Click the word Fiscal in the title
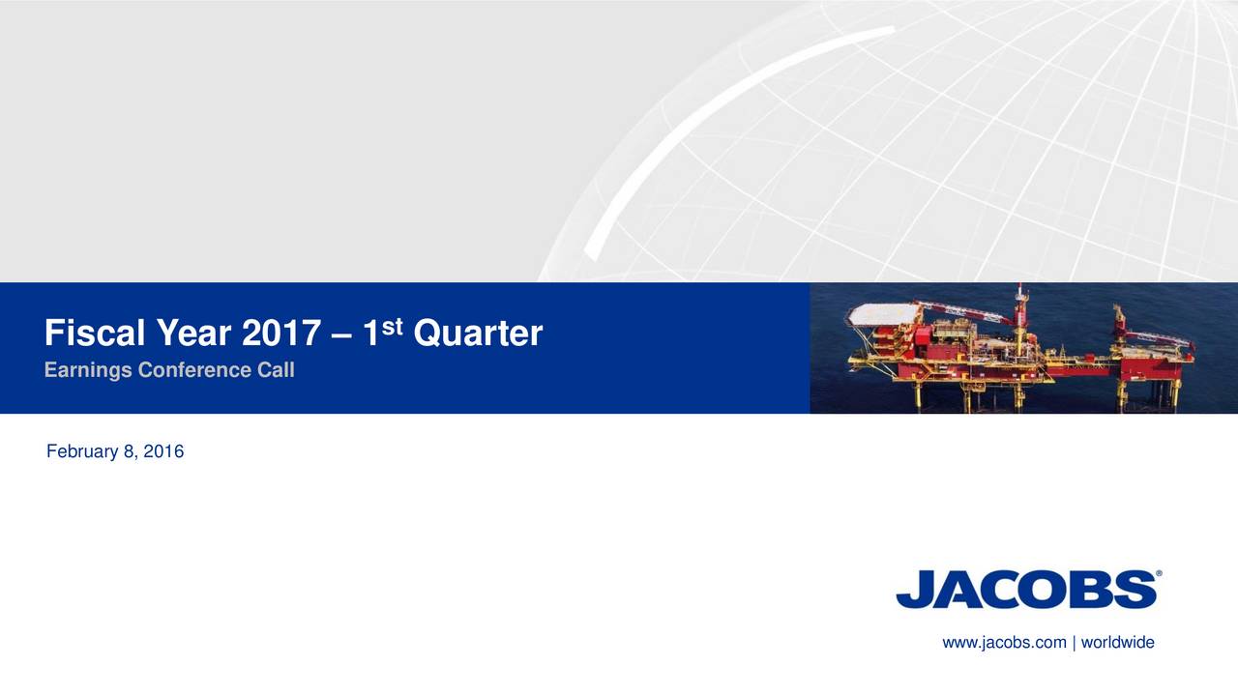coord(93,334)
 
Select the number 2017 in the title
coord(280,334)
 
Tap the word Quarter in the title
coord(478,334)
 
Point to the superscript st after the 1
coord(392,325)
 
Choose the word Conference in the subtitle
coord(196,370)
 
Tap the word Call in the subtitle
coord(276,370)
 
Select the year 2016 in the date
coord(165,451)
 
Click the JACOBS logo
coord(1026,590)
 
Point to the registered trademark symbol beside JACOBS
coord(1159,573)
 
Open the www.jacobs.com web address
coord(1004,643)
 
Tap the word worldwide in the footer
coord(1117,643)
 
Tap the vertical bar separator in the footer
coord(1074,643)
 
